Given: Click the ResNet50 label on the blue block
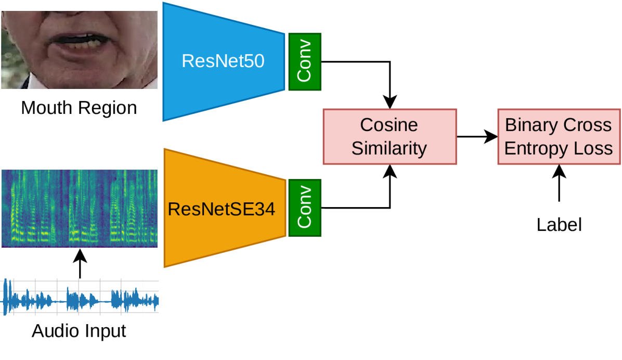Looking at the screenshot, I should (223, 61).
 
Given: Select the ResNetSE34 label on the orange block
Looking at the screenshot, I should (222, 210).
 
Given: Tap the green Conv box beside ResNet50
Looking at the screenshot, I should (304, 61).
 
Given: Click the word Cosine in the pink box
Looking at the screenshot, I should (389, 125).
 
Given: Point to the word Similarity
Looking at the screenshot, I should (389, 148).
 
